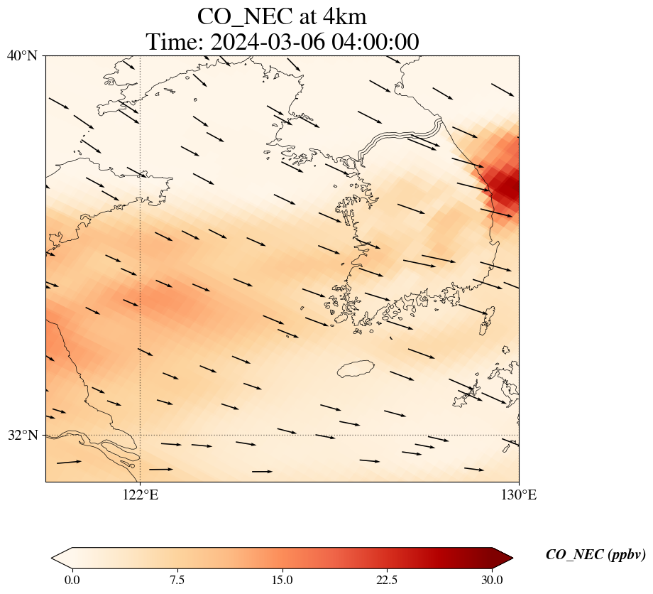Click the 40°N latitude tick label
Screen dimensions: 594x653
[22, 55]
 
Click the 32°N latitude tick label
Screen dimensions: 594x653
[22, 435]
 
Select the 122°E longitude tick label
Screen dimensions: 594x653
[140, 495]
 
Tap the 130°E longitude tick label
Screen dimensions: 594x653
[519, 495]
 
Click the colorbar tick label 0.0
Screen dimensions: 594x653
[72, 580]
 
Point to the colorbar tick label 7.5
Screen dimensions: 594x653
[177, 580]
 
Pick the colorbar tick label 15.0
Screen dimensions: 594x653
[282, 580]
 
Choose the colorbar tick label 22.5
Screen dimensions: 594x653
[387, 580]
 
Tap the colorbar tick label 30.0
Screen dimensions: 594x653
[492, 580]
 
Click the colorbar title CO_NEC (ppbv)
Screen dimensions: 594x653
[595, 555]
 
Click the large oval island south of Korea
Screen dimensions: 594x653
[355, 369]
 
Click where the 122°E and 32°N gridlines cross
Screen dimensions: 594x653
[140, 435]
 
